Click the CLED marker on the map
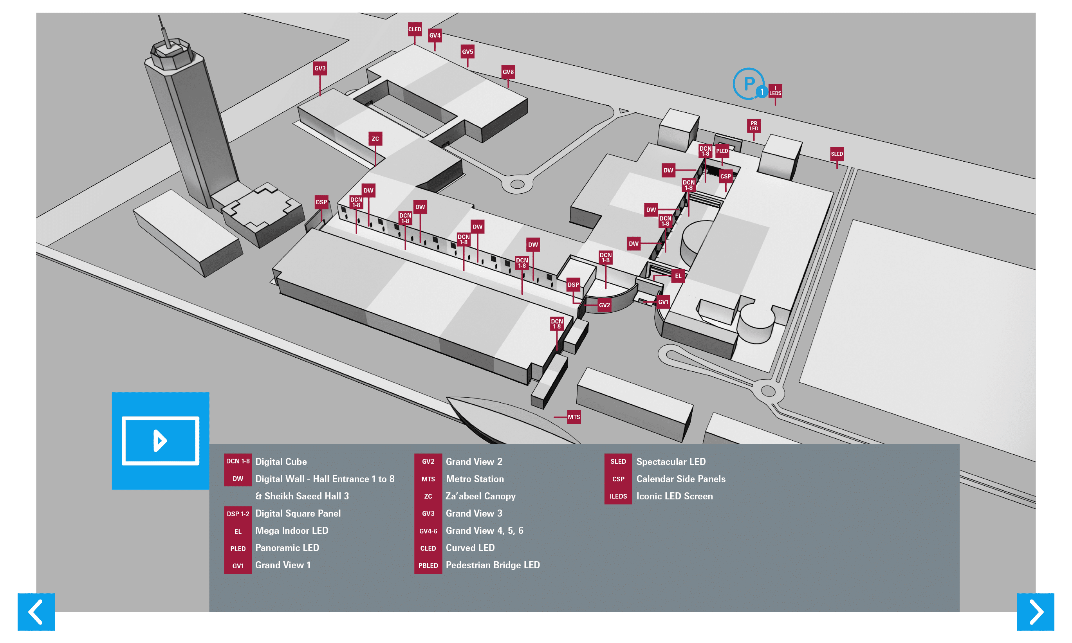point(414,29)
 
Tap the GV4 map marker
point(435,36)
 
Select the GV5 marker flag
point(467,52)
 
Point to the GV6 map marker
point(508,72)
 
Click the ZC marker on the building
point(375,139)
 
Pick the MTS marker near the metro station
point(574,417)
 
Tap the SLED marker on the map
point(837,154)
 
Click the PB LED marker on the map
point(754,126)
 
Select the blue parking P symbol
point(749,83)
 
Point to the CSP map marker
point(725,177)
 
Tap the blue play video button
point(161,441)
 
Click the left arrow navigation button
point(36,612)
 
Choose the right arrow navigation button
point(1036,612)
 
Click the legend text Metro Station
point(475,479)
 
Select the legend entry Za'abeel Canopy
point(480,496)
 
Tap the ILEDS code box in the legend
point(618,496)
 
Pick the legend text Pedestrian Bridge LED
point(493,565)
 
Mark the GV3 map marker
point(320,68)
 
